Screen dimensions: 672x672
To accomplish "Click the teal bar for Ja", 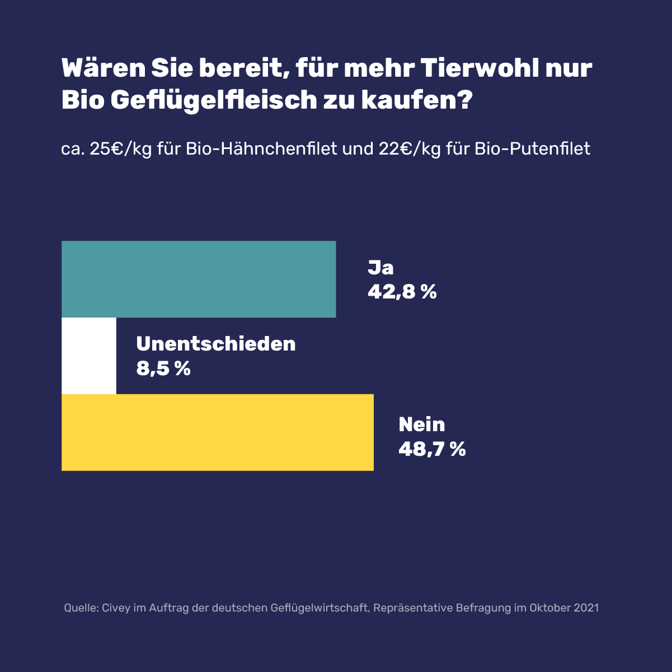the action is (x=199, y=279).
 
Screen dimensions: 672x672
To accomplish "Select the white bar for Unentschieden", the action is (x=89, y=356).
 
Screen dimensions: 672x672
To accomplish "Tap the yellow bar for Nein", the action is (x=218, y=432).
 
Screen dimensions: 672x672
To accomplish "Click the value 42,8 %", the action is (x=402, y=292).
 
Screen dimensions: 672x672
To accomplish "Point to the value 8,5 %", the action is (x=163, y=368).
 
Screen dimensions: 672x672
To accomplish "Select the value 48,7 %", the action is (x=432, y=449).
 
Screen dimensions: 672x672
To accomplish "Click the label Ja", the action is (x=380, y=268).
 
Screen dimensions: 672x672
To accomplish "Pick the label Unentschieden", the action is (x=216, y=344).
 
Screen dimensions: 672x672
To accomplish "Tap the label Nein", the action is (x=422, y=424).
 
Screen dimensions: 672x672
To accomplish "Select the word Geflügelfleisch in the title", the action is (x=214, y=101).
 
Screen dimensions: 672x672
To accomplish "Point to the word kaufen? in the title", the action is (x=417, y=100).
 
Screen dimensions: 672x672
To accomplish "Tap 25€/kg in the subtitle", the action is (x=121, y=150).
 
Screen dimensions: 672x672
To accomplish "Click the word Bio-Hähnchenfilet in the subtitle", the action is (x=261, y=149).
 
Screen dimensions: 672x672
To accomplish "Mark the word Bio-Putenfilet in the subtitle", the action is (x=532, y=149).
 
